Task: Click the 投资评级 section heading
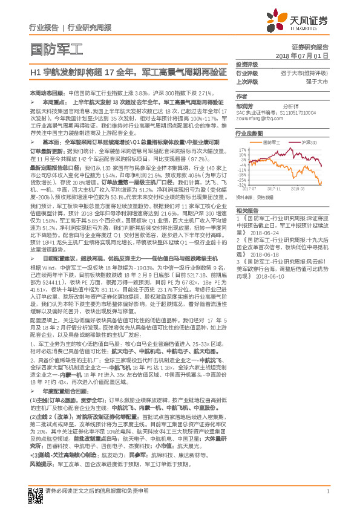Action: click(246, 65)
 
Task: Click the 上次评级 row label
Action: click(246, 81)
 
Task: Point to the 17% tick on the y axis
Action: click(242, 148)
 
